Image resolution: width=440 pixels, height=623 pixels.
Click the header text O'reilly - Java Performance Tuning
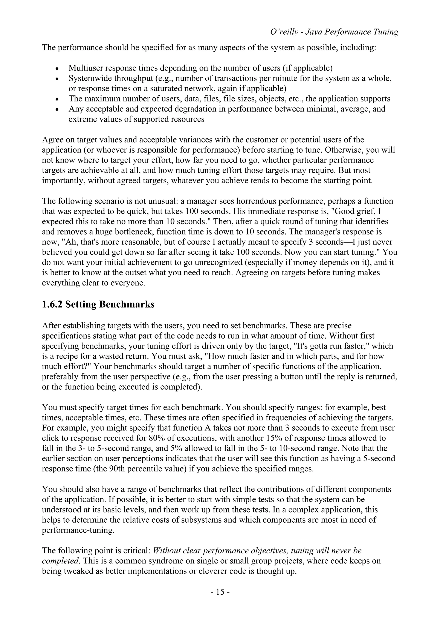pos(334,32)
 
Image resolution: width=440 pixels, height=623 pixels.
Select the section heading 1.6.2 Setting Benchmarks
pos(98,304)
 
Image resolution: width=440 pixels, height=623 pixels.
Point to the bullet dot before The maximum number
pos(57,99)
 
